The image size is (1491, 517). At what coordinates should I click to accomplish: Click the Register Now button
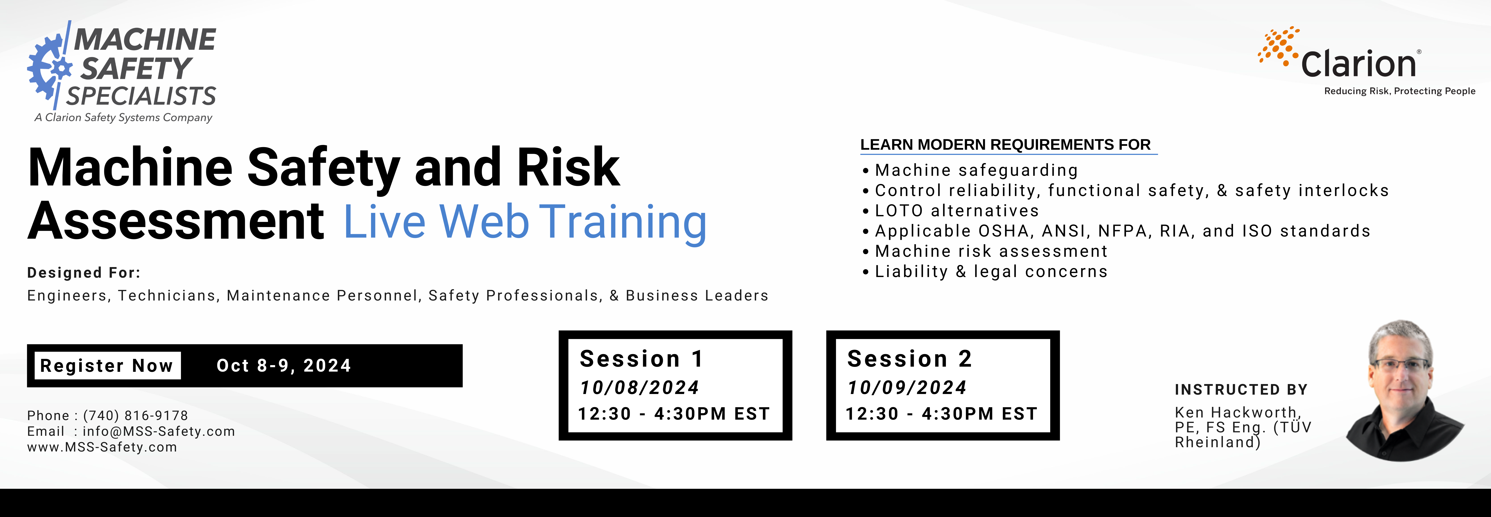(x=107, y=366)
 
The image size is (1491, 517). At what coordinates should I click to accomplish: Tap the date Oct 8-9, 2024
(x=284, y=366)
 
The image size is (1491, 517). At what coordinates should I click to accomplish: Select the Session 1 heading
(x=641, y=358)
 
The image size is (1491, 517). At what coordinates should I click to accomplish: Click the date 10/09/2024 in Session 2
(x=907, y=388)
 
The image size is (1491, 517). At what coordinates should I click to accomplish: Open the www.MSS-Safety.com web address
(x=102, y=447)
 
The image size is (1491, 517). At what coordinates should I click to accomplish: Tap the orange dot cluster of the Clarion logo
(x=1279, y=45)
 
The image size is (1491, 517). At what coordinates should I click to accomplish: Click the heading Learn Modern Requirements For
(x=1005, y=145)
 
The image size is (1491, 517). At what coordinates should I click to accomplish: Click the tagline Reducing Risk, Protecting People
(x=1400, y=91)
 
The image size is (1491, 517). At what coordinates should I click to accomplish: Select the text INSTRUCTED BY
(x=1241, y=390)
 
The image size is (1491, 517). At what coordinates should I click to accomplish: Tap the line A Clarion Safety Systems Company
(x=123, y=117)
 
